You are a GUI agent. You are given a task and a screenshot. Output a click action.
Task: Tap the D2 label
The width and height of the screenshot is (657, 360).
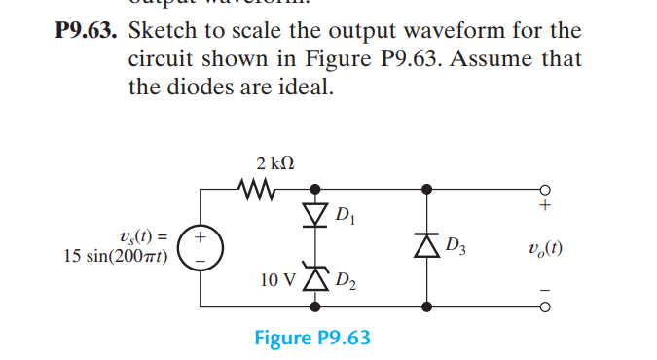tap(346, 284)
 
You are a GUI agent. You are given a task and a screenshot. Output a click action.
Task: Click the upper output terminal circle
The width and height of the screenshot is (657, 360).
tap(545, 189)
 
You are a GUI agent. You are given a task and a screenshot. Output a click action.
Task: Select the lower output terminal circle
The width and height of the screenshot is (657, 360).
tap(545, 306)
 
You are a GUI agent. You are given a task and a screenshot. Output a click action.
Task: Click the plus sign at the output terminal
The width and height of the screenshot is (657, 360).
tap(545, 206)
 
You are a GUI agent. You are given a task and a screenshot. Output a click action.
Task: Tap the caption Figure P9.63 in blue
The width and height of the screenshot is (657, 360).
tap(312, 339)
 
